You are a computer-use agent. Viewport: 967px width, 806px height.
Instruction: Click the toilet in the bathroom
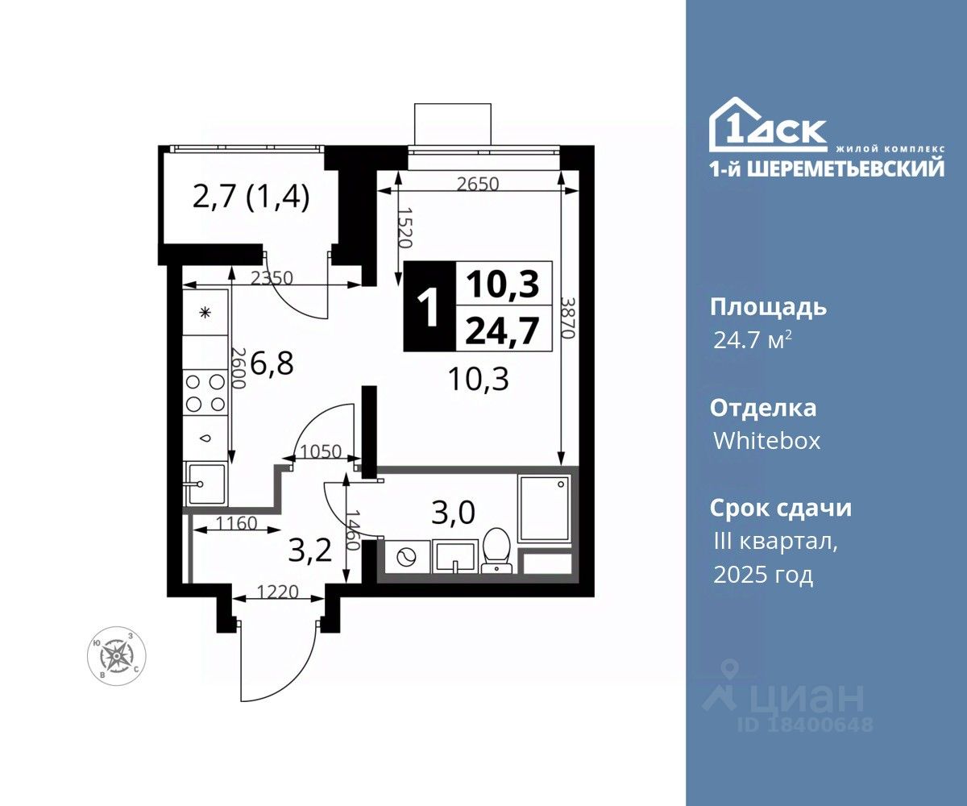[x=496, y=550]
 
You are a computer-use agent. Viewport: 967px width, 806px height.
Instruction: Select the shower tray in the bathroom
[x=545, y=508]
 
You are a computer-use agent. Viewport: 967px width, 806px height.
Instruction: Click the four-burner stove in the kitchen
[x=205, y=393]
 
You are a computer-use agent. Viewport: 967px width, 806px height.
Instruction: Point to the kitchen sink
[x=205, y=484]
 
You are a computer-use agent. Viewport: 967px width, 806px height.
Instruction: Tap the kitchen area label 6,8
[x=272, y=363]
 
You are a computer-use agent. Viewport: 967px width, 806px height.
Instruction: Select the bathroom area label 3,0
[x=454, y=513]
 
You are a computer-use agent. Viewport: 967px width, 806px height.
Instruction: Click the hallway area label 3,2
[x=310, y=550]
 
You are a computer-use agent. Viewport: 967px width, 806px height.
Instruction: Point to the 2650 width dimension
[x=478, y=185]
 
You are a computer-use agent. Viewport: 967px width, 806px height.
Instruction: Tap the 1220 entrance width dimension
[x=277, y=592]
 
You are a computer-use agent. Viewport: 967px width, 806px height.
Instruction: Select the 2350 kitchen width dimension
[x=272, y=278]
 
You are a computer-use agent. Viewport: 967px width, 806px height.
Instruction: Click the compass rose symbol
[x=117, y=656]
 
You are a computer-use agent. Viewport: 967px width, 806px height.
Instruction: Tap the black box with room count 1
[x=430, y=306]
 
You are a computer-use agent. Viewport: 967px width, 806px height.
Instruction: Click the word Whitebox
[x=767, y=441]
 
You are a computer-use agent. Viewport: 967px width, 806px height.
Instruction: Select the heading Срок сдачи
[x=781, y=508]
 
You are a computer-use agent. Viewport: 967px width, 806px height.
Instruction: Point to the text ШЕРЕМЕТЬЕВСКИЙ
[x=846, y=167]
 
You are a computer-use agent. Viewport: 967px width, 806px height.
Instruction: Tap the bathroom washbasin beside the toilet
[x=454, y=557]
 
